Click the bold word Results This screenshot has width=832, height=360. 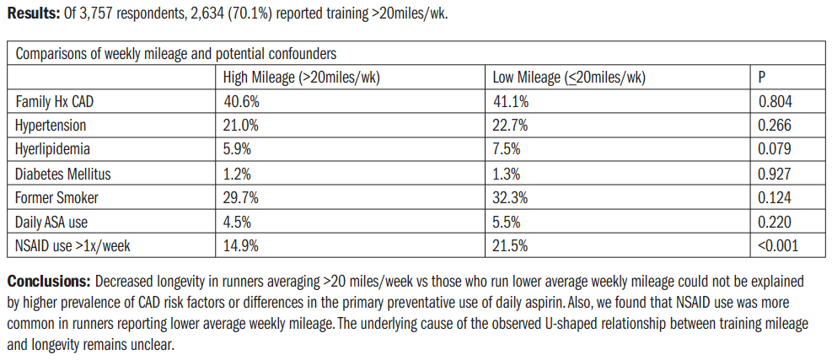(32, 14)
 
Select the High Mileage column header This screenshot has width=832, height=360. (301, 78)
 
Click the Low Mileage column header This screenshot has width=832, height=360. (569, 78)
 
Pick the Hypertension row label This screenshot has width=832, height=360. (51, 126)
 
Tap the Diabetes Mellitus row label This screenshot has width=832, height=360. (63, 175)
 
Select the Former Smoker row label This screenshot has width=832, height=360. (56, 198)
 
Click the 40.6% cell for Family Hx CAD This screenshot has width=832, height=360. (239, 101)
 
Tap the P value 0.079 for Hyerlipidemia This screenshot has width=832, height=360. (775, 150)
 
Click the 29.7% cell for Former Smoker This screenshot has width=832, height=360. (239, 198)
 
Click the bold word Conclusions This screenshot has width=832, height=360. (48, 280)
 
